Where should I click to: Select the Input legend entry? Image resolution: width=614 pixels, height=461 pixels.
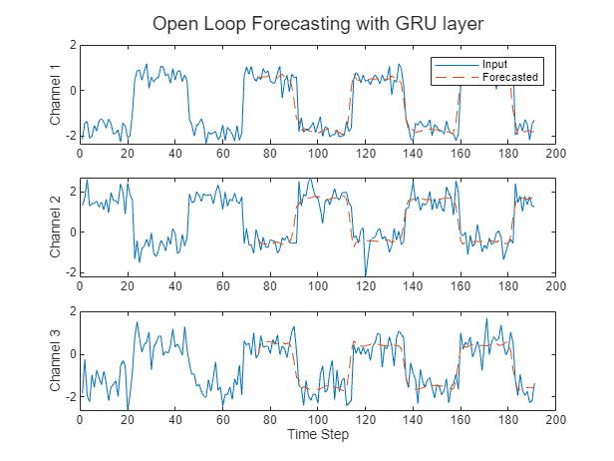click(494, 64)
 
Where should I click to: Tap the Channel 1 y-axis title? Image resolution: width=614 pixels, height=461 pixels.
click(56, 94)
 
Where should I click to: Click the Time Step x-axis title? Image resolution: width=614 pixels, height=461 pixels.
click(318, 435)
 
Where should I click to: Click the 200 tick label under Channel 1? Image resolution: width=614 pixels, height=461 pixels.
click(556, 154)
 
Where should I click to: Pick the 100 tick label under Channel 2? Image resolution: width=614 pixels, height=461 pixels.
click(318, 286)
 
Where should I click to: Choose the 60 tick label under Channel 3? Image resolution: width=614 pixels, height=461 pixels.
click(222, 420)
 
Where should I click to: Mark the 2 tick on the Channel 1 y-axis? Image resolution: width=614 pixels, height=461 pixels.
click(72, 45)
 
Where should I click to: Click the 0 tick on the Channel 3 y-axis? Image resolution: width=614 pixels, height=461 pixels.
click(72, 355)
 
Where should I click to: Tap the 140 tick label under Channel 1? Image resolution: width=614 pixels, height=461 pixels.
click(413, 154)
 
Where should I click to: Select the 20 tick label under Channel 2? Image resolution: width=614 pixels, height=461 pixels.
click(128, 286)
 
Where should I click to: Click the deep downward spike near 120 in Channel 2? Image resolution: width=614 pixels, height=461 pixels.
click(366, 272)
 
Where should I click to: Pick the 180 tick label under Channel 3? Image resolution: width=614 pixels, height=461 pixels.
click(508, 420)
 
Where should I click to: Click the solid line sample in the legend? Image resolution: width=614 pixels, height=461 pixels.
click(450, 64)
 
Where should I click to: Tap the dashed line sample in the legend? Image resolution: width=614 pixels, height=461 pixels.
click(450, 77)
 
